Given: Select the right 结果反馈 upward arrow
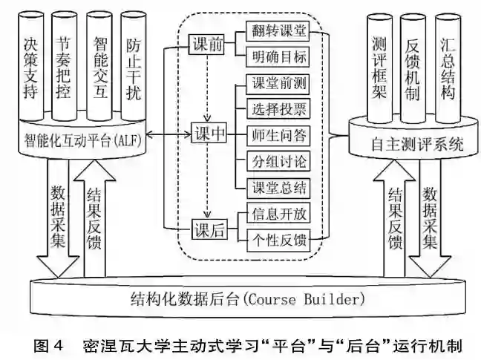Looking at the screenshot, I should pyautogui.click(x=394, y=223).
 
